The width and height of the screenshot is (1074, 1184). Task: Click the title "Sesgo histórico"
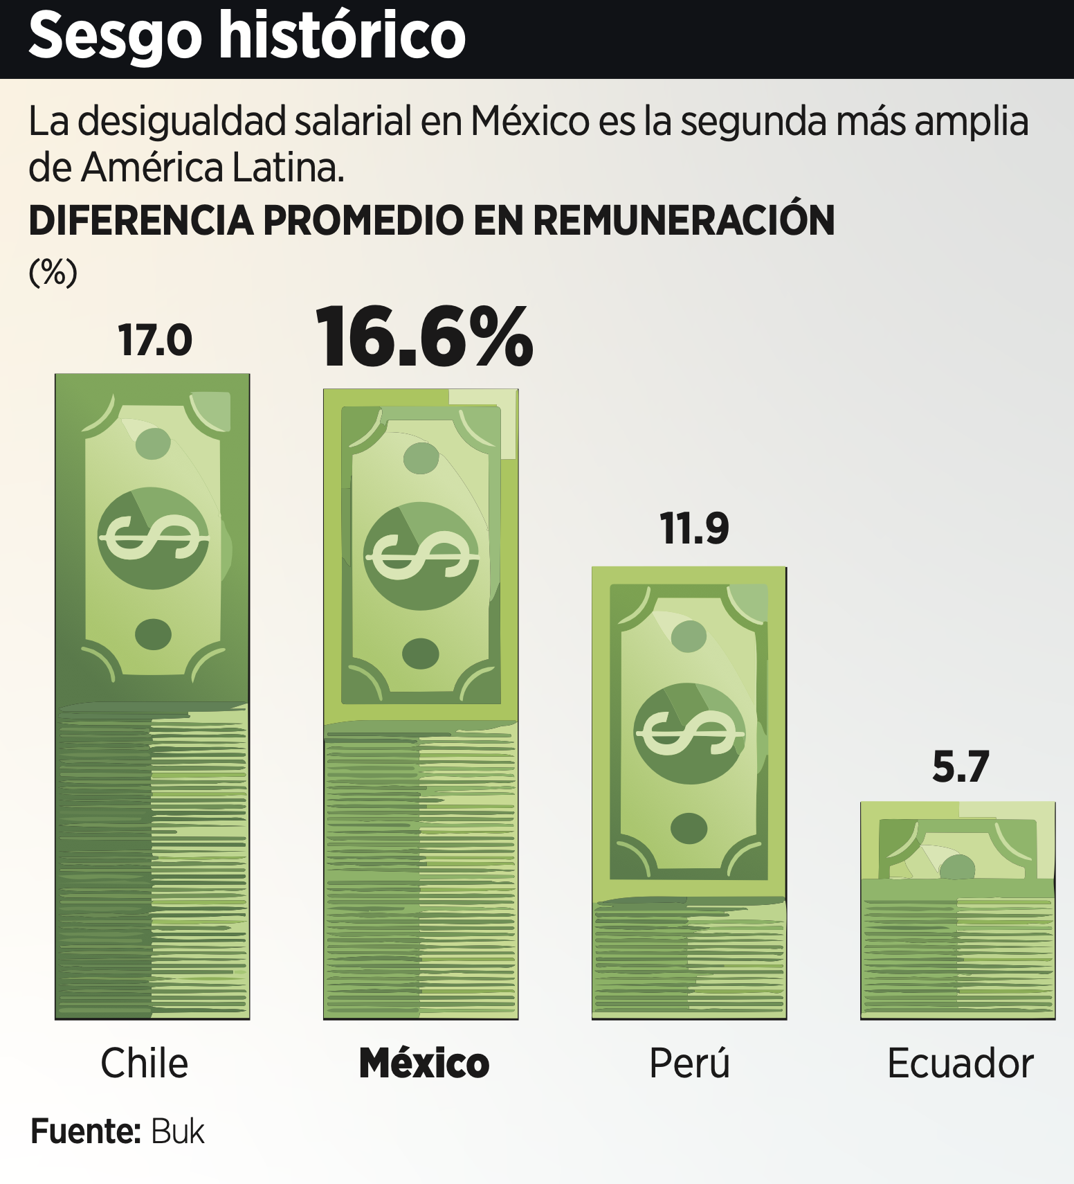tap(246, 36)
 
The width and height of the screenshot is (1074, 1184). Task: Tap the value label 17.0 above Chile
tap(155, 340)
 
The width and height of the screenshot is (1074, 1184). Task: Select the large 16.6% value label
tap(424, 337)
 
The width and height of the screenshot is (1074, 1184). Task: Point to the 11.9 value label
tap(694, 529)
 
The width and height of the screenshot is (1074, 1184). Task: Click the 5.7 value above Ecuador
tap(961, 766)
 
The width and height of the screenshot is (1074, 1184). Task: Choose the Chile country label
tap(144, 1064)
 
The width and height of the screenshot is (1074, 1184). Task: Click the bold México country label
tap(424, 1064)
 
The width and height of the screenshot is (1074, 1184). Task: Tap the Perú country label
tap(689, 1064)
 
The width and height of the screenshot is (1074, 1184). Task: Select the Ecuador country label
tap(960, 1064)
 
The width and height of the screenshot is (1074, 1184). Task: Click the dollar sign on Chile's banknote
tap(153, 538)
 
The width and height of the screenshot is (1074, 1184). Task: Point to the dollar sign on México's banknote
tap(421, 556)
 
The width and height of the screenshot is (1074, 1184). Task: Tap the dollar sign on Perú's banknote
tap(689, 733)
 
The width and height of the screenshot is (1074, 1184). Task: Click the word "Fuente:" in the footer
tap(86, 1132)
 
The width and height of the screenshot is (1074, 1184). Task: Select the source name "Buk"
tap(178, 1132)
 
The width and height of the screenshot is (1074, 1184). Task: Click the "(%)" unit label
tap(53, 272)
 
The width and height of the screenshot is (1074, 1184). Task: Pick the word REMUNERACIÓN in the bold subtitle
tap(683, 221)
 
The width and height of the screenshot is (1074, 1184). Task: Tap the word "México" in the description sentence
tap(530, 122)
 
